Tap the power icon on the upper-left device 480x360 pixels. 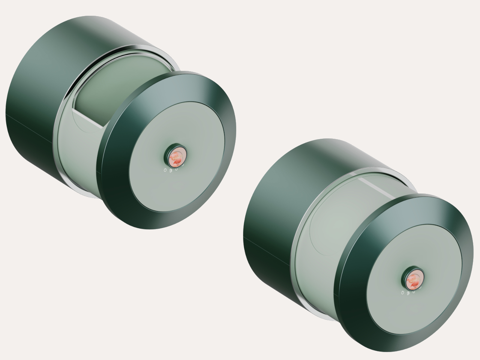tap(165, 170)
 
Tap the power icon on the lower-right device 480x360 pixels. tap(402, 292)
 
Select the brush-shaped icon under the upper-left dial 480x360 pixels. tap(171, 171)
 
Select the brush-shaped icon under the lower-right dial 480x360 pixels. tap(408, 292)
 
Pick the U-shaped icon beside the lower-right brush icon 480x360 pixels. tap(414, 291)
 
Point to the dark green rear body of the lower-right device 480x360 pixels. tap(270, 210)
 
